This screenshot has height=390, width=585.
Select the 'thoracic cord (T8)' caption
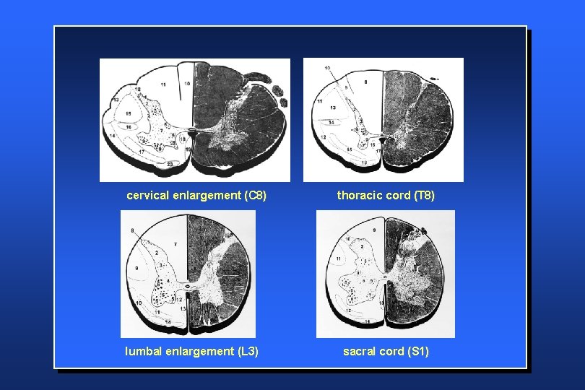pos(386,196)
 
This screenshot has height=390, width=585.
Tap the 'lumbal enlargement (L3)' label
pos(191,352)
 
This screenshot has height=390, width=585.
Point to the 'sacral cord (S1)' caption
pos(386,352)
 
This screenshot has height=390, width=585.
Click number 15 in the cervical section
pos(128,114)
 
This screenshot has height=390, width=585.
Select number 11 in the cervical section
pos(163,85)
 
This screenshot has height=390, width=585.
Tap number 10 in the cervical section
pos(186,84)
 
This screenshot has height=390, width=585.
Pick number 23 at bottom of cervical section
pos(170,164)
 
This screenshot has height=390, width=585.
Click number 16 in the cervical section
pos(129,126)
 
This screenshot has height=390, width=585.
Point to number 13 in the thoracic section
pos(333,108)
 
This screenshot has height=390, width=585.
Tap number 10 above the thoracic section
pos(328,67)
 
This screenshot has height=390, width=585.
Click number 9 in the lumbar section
pos(136,268)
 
